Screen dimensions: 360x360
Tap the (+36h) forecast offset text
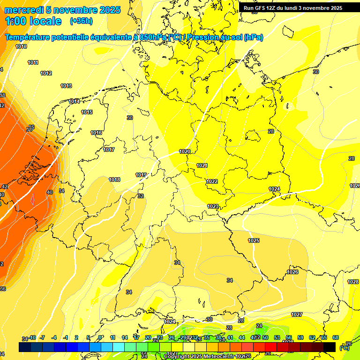[x=81, y=21]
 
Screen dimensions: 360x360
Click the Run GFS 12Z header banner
[x=293, y=8]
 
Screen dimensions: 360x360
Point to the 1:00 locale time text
[x=33, y=21]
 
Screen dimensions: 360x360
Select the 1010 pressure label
[x=21, y=46]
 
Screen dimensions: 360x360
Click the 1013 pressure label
[x=66, y=86]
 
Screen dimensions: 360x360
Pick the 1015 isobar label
[x=87, y=112]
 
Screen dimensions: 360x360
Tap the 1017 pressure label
[x=109, y=150]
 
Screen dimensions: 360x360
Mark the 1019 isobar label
[x=141, y=175]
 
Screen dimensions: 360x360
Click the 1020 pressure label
[x=185, y=151]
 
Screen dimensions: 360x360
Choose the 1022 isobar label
[x=212, y=181]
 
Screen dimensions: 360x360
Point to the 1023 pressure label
[x=213, y=206]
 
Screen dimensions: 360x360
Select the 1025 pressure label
[x=254, y=240]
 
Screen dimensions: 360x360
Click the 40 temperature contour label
[x=50, y=192]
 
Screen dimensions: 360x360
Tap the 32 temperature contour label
[x=141, y=196]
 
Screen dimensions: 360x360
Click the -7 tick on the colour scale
[x=42, y=337]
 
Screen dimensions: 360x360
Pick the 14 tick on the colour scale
[x=125, y=337]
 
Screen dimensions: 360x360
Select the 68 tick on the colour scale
[x=336, y=337]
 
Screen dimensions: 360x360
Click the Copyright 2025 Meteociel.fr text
[x=197, y=356]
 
